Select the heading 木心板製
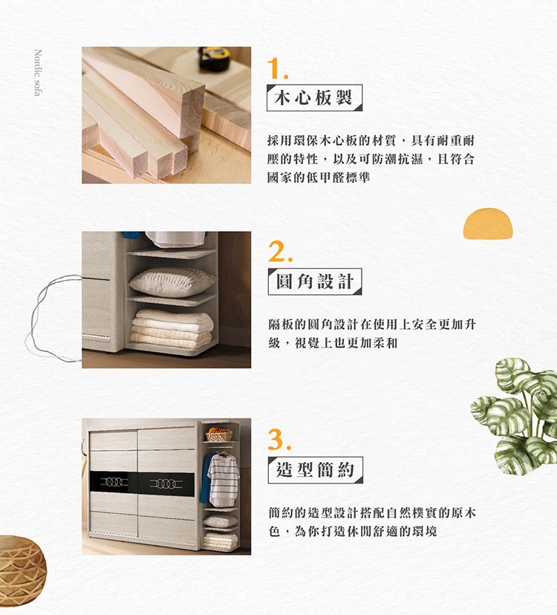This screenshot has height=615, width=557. point(314,98)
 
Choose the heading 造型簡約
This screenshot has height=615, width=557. point(314,469)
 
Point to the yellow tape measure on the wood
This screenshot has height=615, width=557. point(215,56)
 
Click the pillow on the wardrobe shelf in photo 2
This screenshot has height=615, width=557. point(172,282)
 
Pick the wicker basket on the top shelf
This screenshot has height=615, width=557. point(218,435)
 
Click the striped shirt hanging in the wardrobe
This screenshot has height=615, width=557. point(224,479)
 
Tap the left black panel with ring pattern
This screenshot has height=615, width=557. point(113,484)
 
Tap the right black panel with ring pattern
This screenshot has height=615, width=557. point(167,484)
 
